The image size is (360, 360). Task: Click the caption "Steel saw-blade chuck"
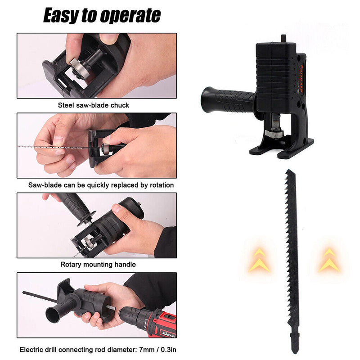(94, 105)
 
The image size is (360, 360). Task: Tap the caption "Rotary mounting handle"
(98, 264)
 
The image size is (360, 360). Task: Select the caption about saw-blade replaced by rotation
(101, 184)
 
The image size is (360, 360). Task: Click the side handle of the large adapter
(227, 96)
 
